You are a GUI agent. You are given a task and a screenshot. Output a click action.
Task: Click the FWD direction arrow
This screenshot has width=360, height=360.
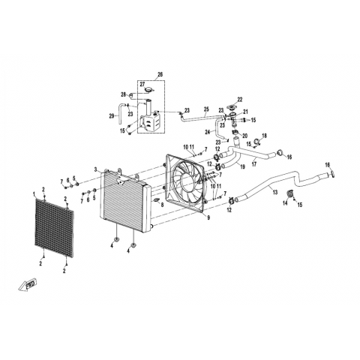[x=28, y=285]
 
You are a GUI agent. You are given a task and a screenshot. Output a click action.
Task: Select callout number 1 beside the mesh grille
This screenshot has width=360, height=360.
[x=34, y=193]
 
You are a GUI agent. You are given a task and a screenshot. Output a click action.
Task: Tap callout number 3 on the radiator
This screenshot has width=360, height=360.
[x=95, y=169]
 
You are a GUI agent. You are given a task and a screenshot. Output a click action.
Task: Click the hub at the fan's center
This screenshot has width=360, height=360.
[x=186, y=181]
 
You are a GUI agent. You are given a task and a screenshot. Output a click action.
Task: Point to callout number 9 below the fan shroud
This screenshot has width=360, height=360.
[x=208, y=217]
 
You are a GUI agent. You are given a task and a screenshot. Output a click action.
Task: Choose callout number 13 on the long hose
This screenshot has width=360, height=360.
[x=275, y=192]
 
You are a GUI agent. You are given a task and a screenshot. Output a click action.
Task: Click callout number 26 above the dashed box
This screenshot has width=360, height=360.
[x=160, y=74]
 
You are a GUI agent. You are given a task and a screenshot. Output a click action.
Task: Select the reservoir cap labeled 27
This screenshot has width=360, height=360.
[x=149, y=89]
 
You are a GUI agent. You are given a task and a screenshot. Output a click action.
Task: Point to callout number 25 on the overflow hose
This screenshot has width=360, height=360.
[x=206, y=109]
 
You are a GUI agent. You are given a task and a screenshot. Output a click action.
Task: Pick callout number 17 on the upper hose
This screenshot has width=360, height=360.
[x=254, y=164]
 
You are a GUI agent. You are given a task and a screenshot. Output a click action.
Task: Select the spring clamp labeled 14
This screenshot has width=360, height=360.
[x=290, y=194]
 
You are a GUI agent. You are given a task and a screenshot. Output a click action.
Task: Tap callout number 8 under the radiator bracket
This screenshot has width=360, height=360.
[x=162, y=205]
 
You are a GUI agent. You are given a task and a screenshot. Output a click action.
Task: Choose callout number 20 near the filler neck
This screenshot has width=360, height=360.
[x=244, y=136]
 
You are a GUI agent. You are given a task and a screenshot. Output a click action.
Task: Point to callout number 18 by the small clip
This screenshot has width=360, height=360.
[x=264, y=136]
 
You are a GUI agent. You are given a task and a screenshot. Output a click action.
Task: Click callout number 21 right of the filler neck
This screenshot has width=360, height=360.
[x=245, y=112]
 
